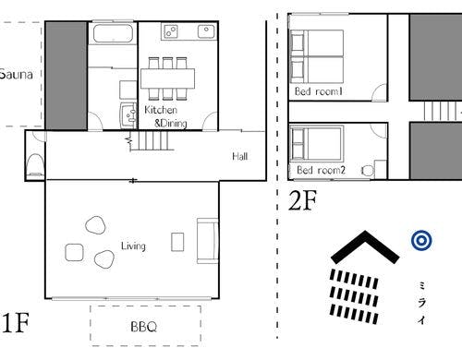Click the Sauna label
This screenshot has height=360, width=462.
pyautogui.click(x=17, y=75)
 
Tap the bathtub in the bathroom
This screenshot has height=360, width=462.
pyautogui.click(x=113, y=33)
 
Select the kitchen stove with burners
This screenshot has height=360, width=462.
pyautogui.click(x=171, y=31)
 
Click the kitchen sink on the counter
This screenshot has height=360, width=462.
pyautogui.click(x=206, y=31)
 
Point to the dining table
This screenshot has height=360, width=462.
pyautogui.click(x=168, y=78)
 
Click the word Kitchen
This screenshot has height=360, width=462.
pyautogui.click(x=161, y=110)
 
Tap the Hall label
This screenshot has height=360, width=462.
pyautogui.click(x=240, y=156)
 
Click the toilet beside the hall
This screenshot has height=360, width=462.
pyautogui.click(x=36, y=164)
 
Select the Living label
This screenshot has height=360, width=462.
pyautogui.click(x=133, y=246)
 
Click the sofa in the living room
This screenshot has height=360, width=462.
pyautogui.click(x=207, y=241)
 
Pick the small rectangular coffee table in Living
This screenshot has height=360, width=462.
pyautogui.click(x=177, y=242)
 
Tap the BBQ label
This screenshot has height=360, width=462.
pyautogui.click(x=144, y=327)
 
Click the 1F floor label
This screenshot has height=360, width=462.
pyautogui.click(x=15, y=323)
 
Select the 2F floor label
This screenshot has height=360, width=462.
pyautogui.click(x=302, y=200)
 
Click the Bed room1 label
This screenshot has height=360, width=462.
pyautogui.click(x=319, y=91)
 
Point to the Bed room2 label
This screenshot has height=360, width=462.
pyautogui.click(x=321, y=170)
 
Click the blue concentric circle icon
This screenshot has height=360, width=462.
pyautogui.click(x=421, y=240)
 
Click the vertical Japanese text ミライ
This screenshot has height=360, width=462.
pyautogui.click(x=422, y=303)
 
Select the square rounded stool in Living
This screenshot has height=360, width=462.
pyautogui.click(x=74, y=253)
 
